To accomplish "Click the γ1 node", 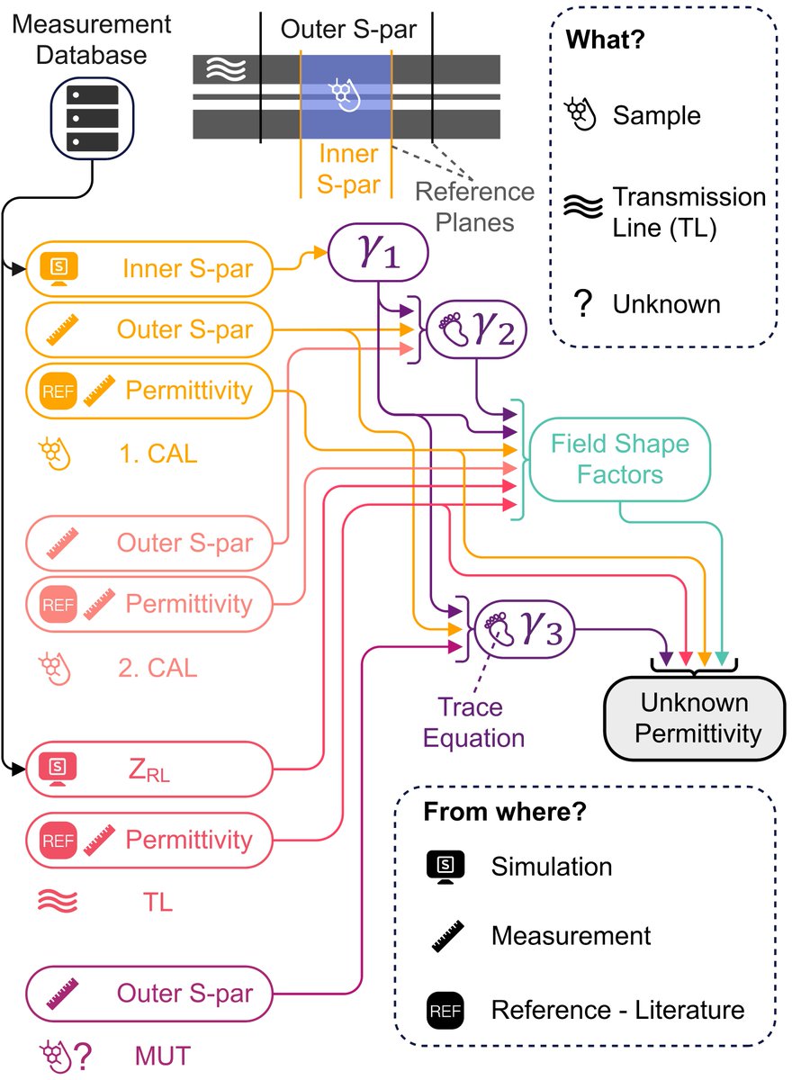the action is [378, 252].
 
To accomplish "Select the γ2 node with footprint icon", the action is [477, 329].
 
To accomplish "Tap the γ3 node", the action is [525, 629].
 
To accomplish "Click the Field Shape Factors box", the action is [620, 459].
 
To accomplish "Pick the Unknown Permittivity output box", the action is [695, 718].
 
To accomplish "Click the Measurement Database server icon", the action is [92, 118].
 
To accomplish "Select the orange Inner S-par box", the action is [149, 268].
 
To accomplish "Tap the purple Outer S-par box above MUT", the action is [149, 994].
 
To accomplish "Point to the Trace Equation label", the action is [473, 722].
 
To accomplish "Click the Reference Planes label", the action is [475, 207].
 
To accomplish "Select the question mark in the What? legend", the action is [583, 304].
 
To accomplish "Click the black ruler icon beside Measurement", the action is [447, 936].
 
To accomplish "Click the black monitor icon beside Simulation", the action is [445, 867].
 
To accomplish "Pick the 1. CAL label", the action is [158, 454].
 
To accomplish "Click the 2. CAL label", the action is [158, 668].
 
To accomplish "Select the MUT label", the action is [163, 1056].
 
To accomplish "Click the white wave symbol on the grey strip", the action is [226, 69].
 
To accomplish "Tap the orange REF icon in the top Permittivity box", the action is [58, 391].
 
